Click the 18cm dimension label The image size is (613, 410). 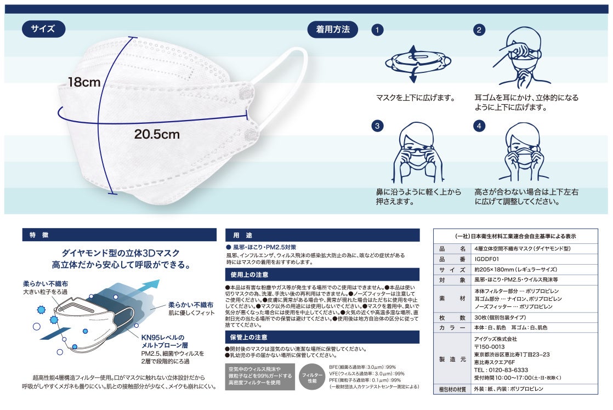[84, 82]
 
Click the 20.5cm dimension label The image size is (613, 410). [157, 134]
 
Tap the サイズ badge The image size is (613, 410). [43, 29]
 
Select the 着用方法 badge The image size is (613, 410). [333, 29]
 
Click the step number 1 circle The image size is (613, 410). [377, 30]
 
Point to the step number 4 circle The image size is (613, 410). [479, 126]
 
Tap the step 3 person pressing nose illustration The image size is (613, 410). [417, 152]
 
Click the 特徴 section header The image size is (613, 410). [119, 235]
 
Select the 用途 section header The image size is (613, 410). [322, 235]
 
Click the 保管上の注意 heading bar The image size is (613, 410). [322, 337]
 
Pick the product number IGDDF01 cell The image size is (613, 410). [487, 259]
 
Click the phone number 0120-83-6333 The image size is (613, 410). [501, 370]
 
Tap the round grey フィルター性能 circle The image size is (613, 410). [312, 377]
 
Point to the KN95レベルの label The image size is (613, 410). [163, 337]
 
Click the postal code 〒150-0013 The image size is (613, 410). [489, 346]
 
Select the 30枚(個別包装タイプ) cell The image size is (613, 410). [500, 317]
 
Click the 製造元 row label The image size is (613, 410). [452, 360]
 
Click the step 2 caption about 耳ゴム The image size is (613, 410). [526, 102]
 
